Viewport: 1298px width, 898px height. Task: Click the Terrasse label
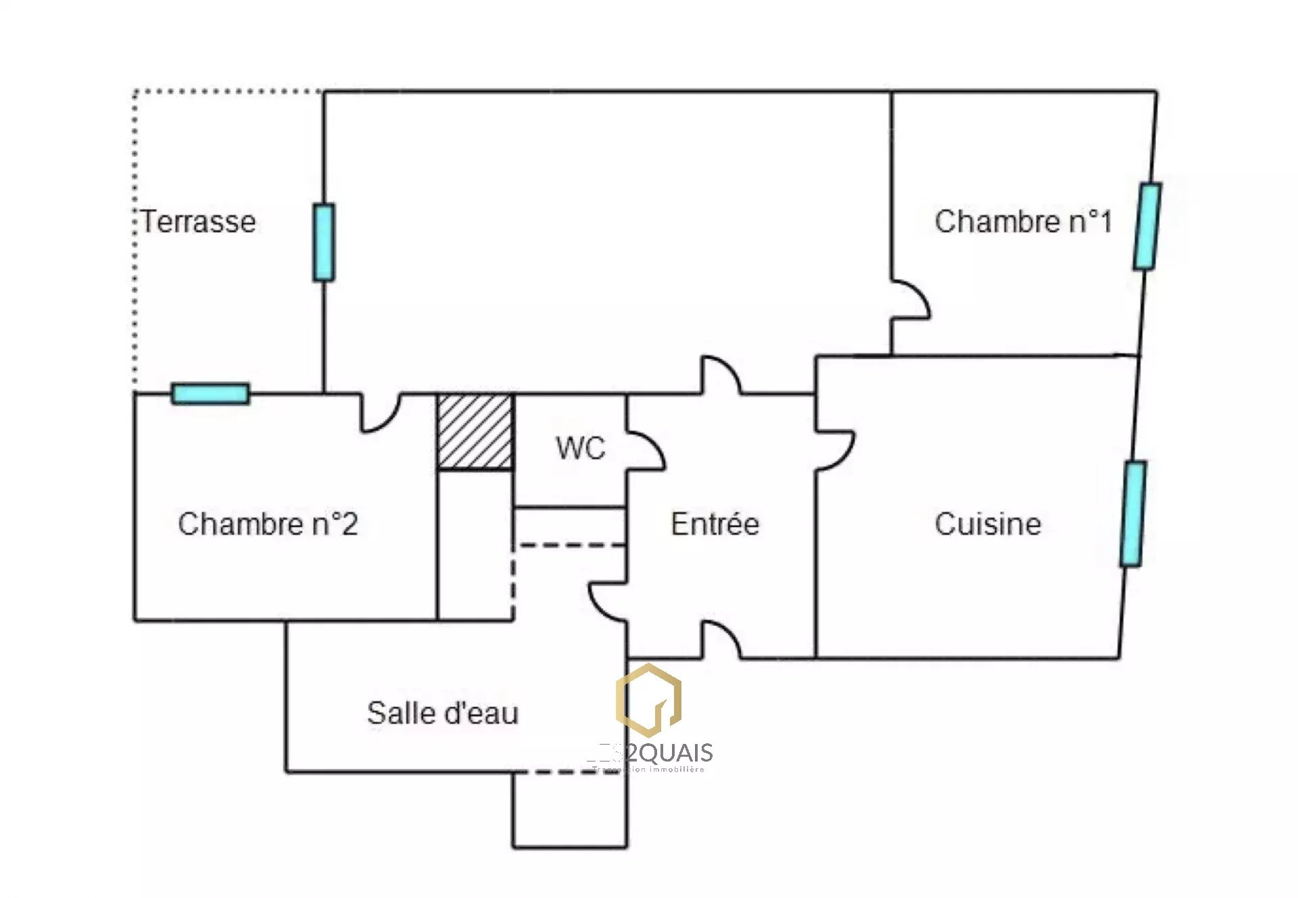click(x=199, y=222)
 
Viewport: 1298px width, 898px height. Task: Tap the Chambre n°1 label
click(x=1023, y=222)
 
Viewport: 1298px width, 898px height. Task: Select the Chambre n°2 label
click(x=268, y=524)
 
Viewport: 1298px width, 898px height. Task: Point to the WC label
click(x=580, y=449)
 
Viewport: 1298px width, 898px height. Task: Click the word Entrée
click(x=715, y=524)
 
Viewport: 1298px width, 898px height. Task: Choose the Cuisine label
click(x=988, y=524)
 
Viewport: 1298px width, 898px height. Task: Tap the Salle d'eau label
click(x=443, y=714)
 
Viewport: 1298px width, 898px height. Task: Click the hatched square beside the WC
click(x=475, y=431)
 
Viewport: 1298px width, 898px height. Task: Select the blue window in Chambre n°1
click(x=1147, y=226)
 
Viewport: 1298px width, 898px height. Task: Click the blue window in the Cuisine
click(x=1133, y=514)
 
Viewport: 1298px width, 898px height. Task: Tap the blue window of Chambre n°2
click(x=210, y=393)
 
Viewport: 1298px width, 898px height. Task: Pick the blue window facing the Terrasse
click(x=324, y=242)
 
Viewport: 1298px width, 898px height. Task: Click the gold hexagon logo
click(x=648, y=700)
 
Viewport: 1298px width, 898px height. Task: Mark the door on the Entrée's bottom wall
click(x=721, y=641)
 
